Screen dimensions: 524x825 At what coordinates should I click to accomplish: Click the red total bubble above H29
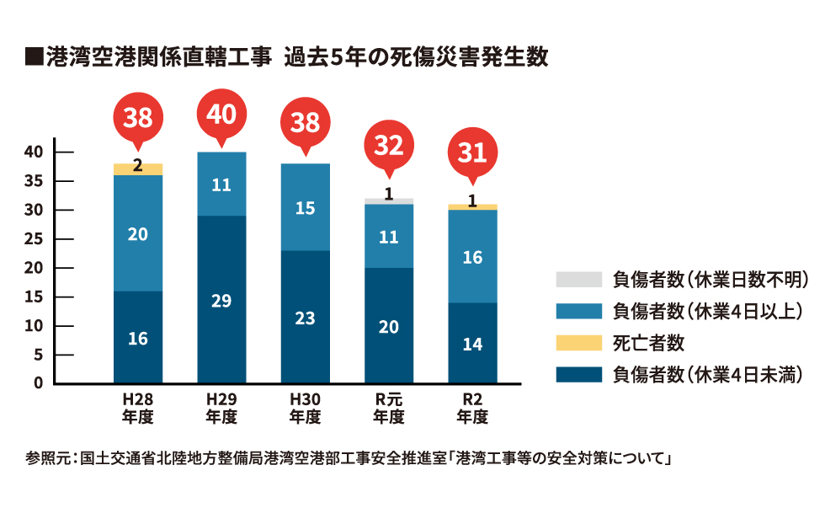point(221,114)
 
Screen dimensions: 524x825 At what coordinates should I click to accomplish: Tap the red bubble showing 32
point(389,146)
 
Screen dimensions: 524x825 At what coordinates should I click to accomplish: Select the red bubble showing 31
point(472,152)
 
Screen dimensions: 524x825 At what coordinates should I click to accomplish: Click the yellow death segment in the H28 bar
point(138,169)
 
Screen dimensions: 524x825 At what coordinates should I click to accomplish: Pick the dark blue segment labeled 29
point(221,299)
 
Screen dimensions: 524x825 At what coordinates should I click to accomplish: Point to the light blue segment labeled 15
point(305,207)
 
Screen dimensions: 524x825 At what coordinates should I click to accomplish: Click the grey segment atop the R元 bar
point(389,201)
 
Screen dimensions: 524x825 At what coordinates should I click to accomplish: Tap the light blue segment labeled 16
point(472,256)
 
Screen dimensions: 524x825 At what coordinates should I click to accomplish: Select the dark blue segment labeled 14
point(472,343)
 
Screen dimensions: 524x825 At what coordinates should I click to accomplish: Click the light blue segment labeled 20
point(138,233)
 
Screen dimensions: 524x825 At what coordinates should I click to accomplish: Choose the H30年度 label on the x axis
point(305,408)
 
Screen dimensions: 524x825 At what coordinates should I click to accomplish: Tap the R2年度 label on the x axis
point(472,408)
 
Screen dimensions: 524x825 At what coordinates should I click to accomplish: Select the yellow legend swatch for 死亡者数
point(578,343)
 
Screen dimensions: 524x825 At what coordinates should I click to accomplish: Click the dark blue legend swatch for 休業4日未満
point(578,374)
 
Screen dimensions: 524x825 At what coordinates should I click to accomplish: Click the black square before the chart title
point(35,58)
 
